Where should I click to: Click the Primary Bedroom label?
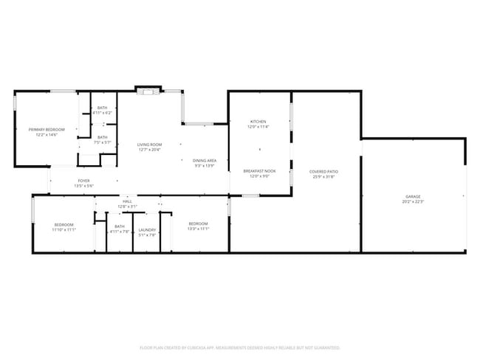pyautogui.click(x=47, y=130)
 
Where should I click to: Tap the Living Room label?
pyautogui.click(x=149, y=145)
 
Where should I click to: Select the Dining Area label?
pyautogui.click(x=204, y=160)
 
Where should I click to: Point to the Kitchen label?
pyautogui.click(x=258, y=122)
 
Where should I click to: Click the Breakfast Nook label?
pyautogui.click(x=259, y=171)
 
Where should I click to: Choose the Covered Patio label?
pyautogui.click(x=323, y=171)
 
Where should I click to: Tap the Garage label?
pyautogui.click(x=413, y=196)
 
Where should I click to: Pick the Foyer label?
pyautogui.click(x=83, y=180)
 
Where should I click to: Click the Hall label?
pyautogui.click(x=127, y=201)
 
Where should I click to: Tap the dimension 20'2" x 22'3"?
pyautogui.click(x=413, y=201)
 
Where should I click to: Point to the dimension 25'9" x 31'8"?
pyautogui.click(x=323, y=176)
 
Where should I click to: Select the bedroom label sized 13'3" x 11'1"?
pyautogui.click(x=198, y=224)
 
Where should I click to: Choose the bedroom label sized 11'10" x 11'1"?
pyautogui.click(x=64, y=224)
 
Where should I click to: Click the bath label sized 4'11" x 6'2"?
pyautogui.click(x=102, y=108)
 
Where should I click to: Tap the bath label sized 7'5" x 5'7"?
pyautogui.click(x=102, y=137)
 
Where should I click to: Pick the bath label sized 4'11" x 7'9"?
pyautogui.click(x=119, y=227)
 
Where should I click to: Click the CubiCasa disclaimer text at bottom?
pyautogui.click(x=239, y=347)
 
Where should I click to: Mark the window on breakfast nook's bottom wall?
pyautogui.click(x=251, y=195)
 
